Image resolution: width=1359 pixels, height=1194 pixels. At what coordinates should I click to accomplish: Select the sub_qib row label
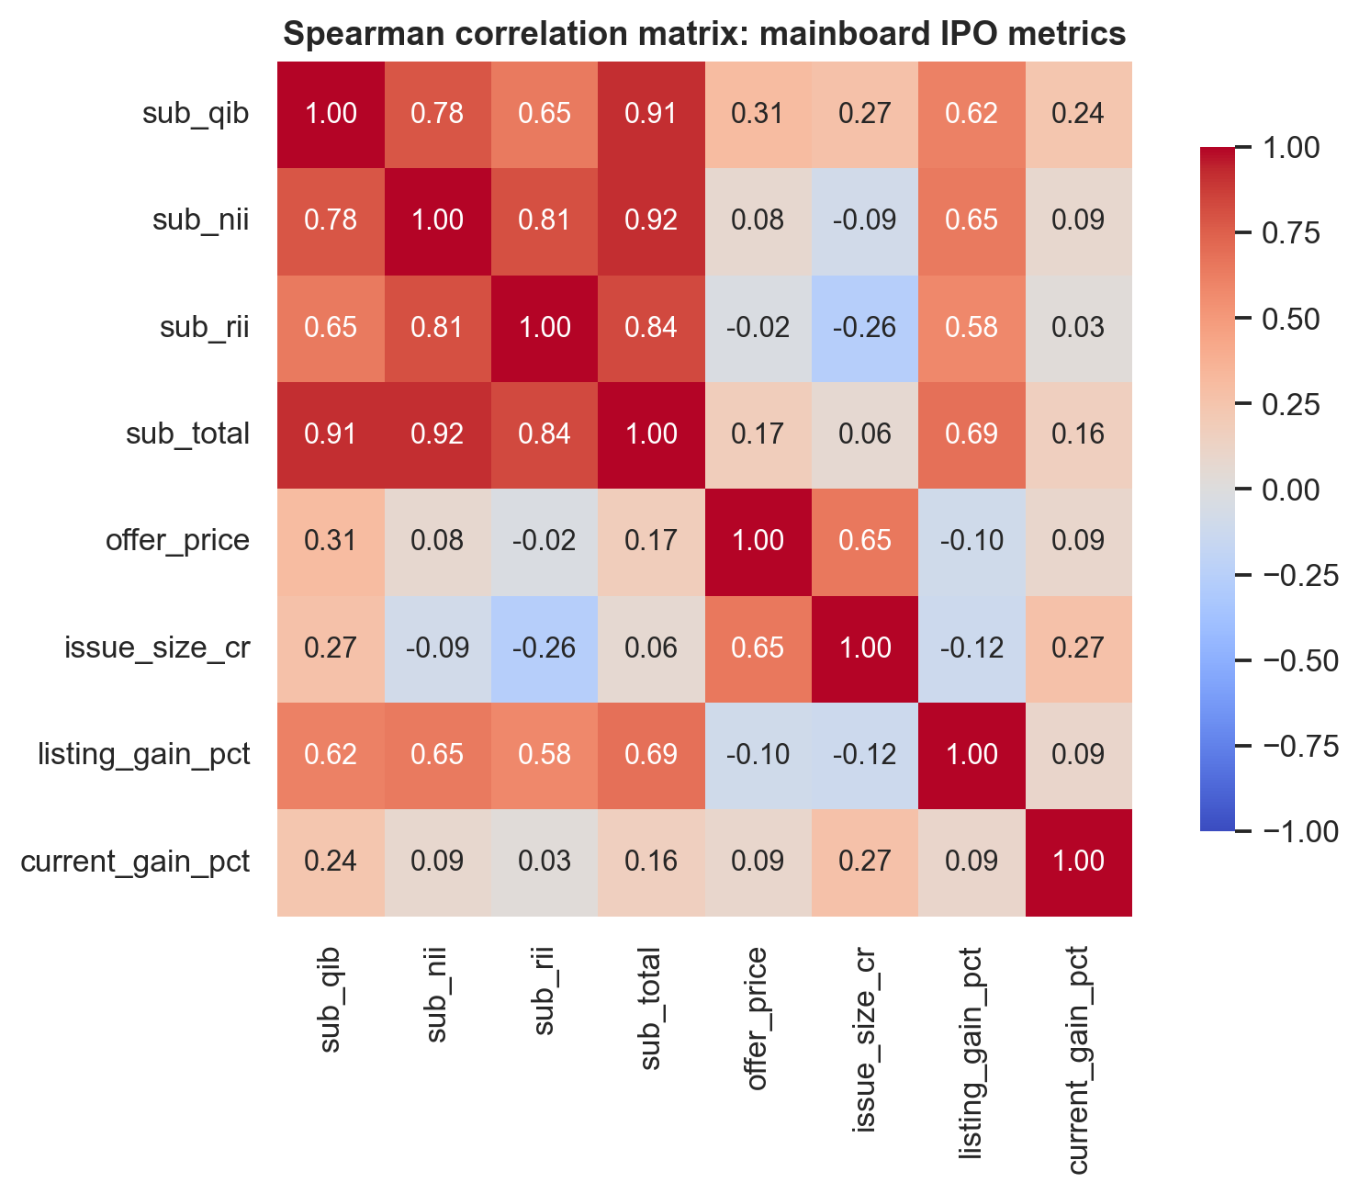point(196,113)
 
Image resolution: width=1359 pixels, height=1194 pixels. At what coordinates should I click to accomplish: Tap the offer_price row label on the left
point(177,541)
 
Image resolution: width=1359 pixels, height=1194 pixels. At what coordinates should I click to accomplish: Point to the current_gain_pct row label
point(135,862)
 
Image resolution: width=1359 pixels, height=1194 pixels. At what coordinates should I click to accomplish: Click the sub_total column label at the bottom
point(650,1008)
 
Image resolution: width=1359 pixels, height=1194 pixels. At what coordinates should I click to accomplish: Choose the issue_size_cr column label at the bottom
point(864,1040)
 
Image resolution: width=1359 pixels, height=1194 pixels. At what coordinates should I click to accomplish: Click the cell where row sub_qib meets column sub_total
point(651,115)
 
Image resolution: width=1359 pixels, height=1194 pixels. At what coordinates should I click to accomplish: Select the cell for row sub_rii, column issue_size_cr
point(865,328)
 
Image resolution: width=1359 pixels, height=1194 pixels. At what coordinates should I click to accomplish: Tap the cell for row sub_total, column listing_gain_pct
point(972,435)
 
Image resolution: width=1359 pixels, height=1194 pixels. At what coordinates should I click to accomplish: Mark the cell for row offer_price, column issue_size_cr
point(865,542)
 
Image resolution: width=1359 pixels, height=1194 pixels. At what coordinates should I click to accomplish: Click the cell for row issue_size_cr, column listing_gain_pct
point(972,649)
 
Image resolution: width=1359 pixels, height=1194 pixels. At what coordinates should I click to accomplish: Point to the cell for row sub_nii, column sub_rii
point(544,221)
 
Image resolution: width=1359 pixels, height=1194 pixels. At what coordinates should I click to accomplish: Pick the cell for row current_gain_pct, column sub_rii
point(544,862)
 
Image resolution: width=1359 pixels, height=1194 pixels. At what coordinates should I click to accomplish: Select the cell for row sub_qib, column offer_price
point(758,115)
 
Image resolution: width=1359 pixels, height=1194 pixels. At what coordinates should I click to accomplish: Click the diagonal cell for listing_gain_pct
point(972,756)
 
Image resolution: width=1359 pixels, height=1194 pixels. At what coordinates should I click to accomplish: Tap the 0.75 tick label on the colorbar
point(1290,233)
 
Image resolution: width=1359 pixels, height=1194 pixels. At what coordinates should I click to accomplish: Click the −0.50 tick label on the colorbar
point(1300,661)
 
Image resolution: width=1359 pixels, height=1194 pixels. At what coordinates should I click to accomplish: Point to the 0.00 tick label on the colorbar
point(1290,490)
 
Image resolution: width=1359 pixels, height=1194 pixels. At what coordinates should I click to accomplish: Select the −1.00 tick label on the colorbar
point(1300,831)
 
